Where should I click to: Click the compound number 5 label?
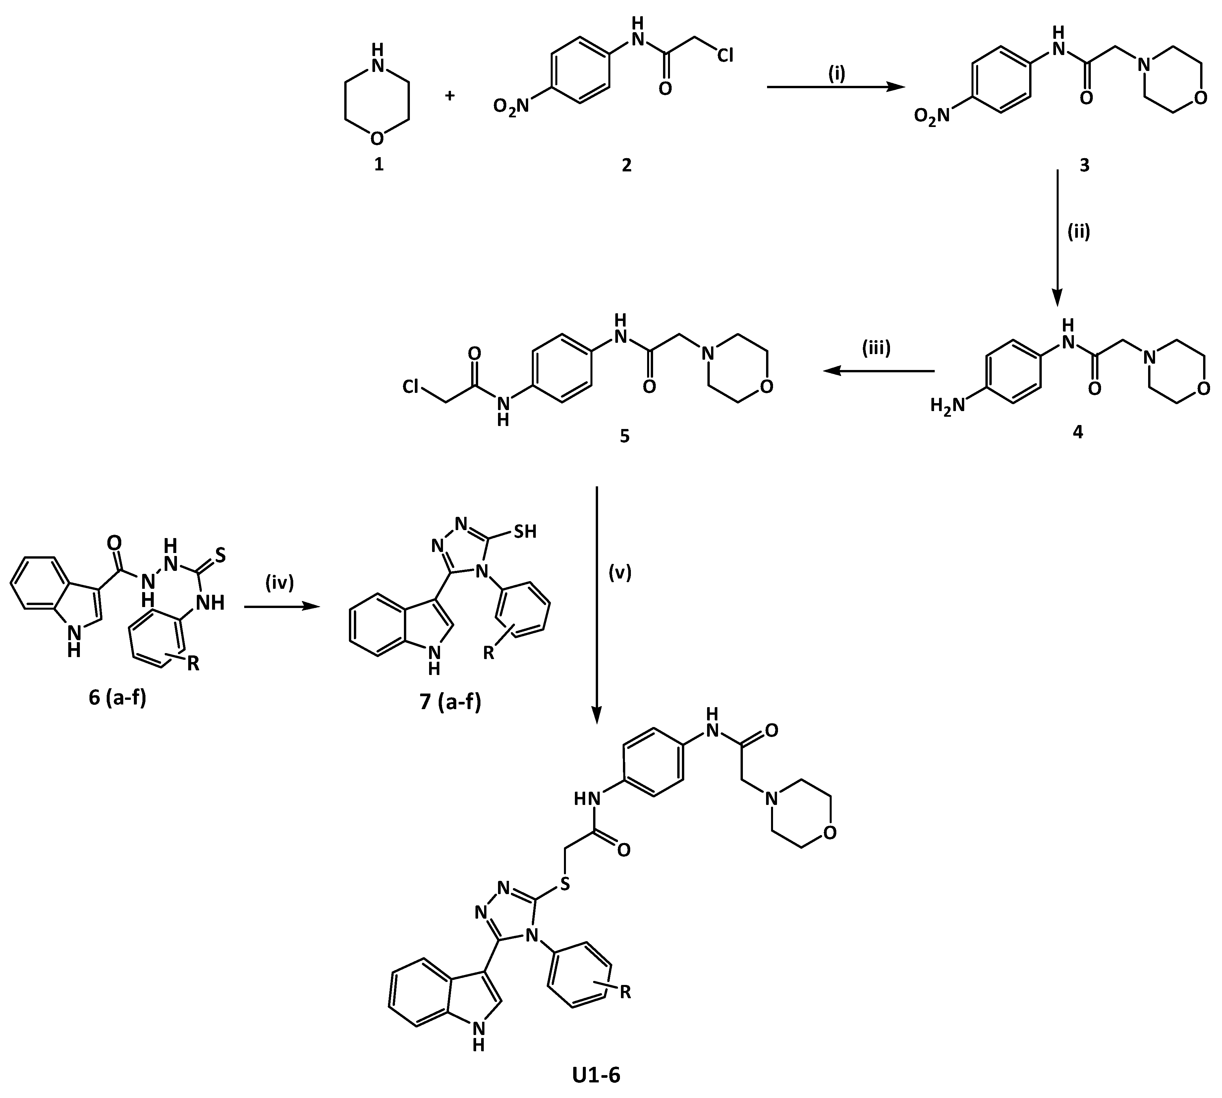[x=625, y=436]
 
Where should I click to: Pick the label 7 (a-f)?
[x=451, y=702]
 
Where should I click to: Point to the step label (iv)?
[x=279, y=583]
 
